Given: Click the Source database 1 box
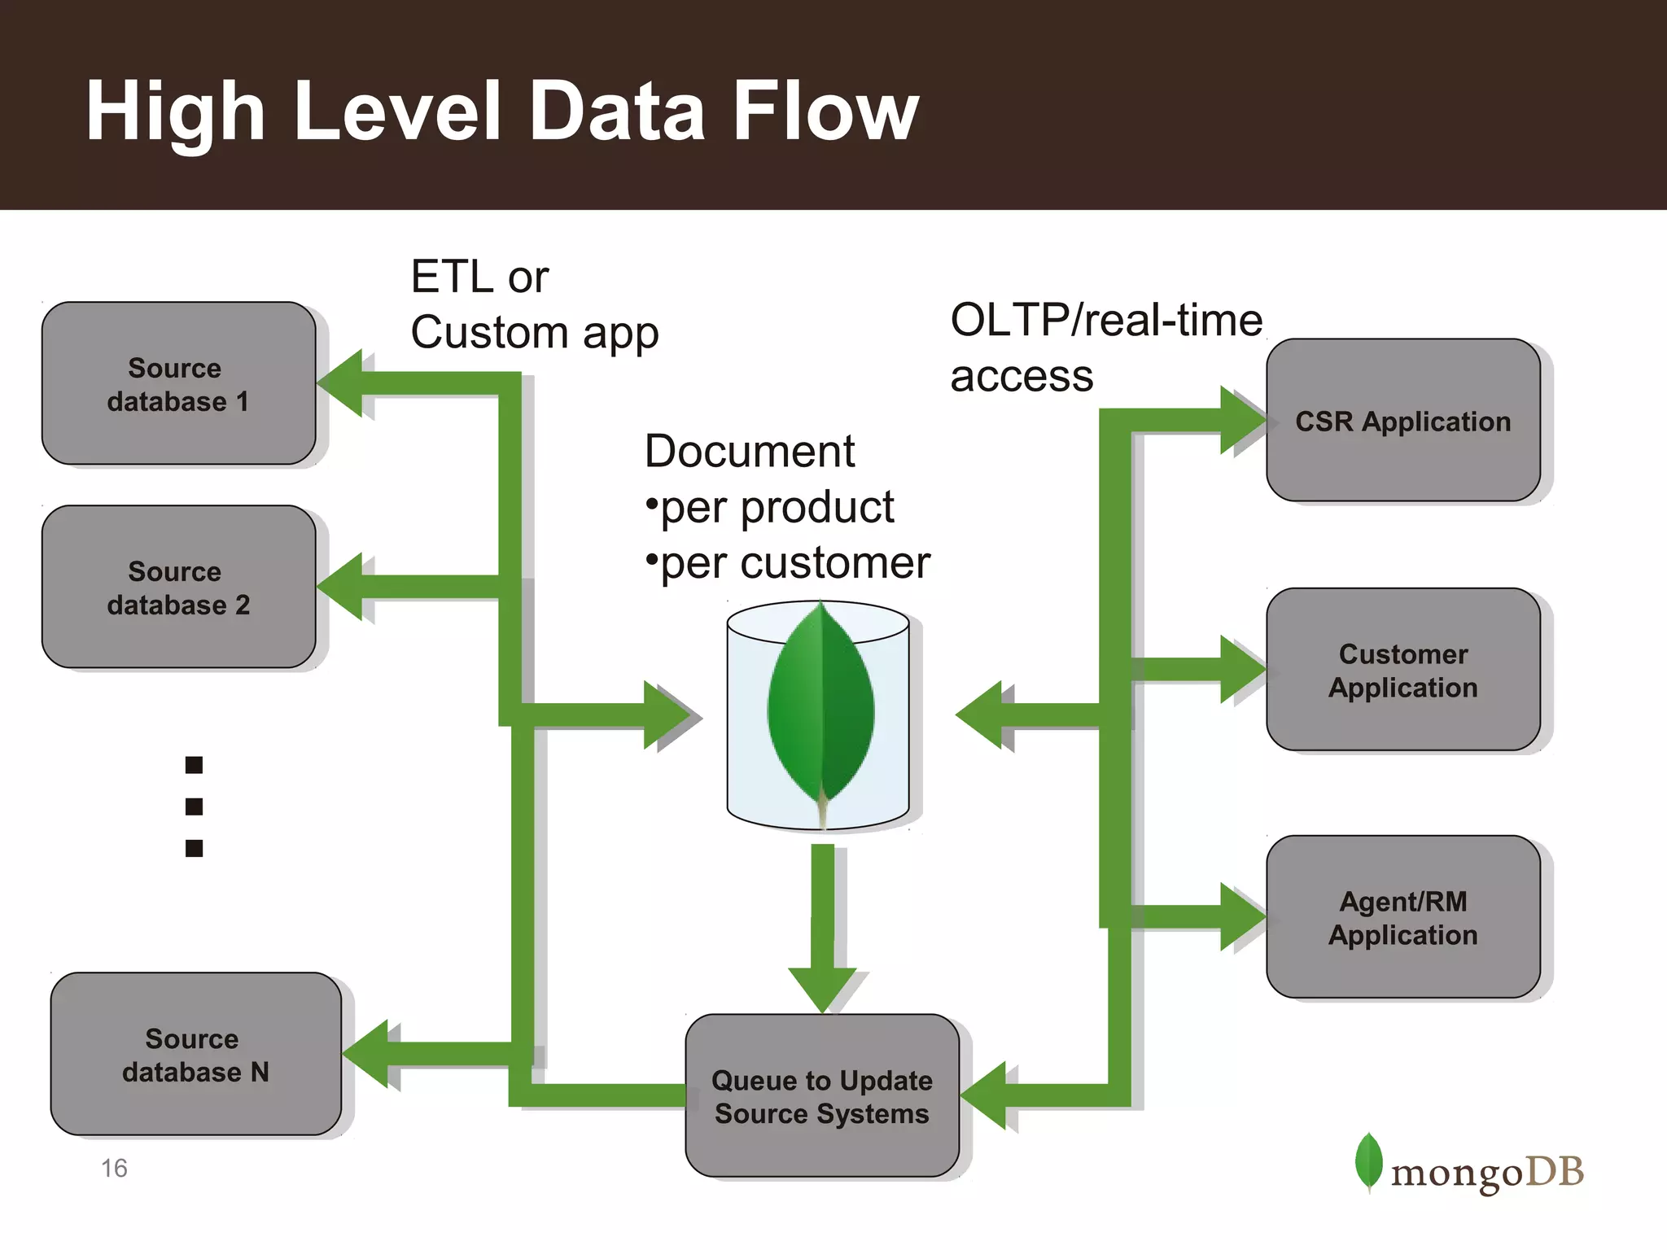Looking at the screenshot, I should pyautogui.click(x=178, y=384).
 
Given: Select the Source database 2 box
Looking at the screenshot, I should pyautogui.click(x=178, y=588).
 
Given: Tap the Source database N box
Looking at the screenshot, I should pyautogui.click(x=195, y=1055).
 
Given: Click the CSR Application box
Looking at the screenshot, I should pyautogui.click(x=1402, y=421).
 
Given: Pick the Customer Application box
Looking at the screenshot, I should pyautogui.click(x=1402, y=670).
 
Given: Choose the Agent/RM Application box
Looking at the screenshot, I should pyautogui.click(x=1402, y=917).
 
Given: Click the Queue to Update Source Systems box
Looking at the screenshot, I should pyautogui.click(x=821, y=1095).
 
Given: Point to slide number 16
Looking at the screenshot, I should pyautogui.click(x=114, y=1169).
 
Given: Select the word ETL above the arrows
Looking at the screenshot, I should pyautogui.click(x=453, y=277).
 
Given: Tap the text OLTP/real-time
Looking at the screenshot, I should pyautogui.click(x=1105, y=320).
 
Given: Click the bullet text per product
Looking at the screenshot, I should pyautogui.click(x=776, y=507).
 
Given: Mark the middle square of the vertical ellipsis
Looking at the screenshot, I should pyautogui.click(x=194, y=806).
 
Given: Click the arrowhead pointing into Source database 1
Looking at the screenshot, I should pyautogui.click(x=342, y=383).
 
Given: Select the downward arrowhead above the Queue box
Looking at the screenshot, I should pyautogui.click(x=822, y=987).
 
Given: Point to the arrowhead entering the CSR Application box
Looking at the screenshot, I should pyautogui.click(x=1242, y=421).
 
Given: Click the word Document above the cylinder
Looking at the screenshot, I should pyautogui.click(x=749, y=451).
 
